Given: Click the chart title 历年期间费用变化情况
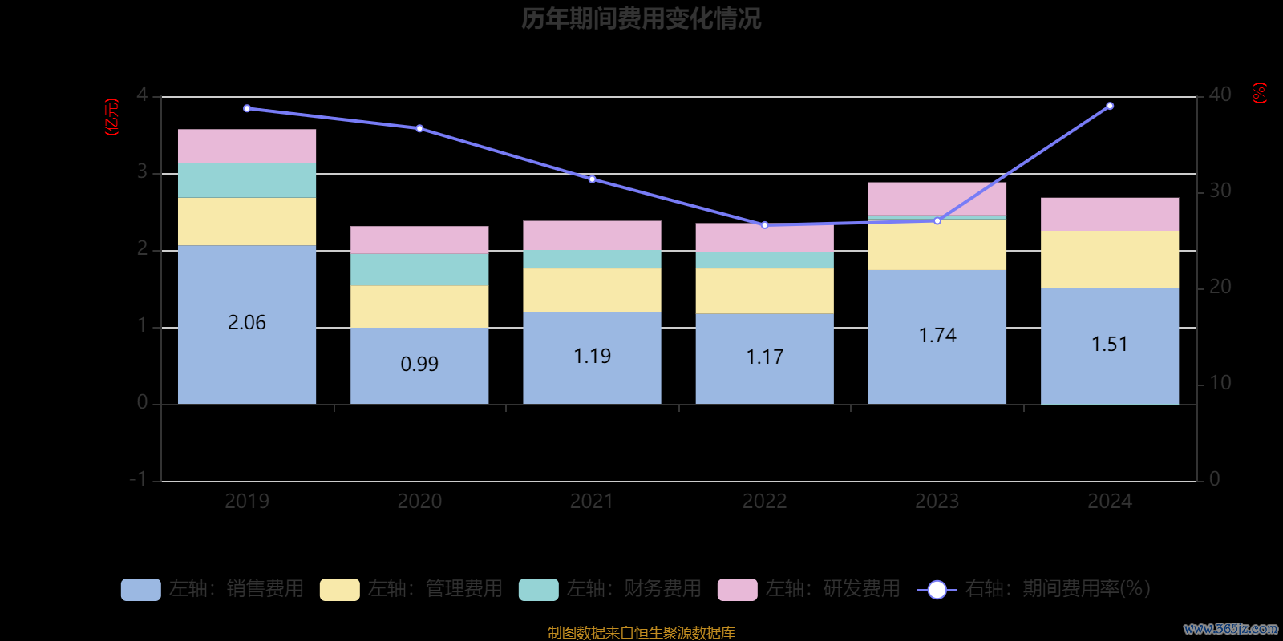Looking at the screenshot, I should point(641,18).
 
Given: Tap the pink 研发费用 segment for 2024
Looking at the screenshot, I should point(1110,214).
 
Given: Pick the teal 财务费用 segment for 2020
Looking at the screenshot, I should point(419,269).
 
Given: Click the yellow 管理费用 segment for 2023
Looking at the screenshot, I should point(937,245).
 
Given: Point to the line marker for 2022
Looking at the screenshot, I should point(765,225).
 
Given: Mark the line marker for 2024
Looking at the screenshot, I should point(1110,106).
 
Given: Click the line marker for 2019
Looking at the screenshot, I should point(247,108).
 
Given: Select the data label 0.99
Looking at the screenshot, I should point(419,364).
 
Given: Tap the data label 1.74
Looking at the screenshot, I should point(937,335).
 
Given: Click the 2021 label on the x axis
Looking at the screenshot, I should point(592,502).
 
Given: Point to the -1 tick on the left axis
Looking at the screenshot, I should point(139,479).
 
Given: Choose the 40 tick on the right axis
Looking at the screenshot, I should point(1220,95).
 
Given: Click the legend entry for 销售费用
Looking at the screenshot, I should point(213,589).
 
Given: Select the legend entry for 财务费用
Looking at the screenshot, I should point(611,589).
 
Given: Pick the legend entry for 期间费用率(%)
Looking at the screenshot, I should point(1034,589).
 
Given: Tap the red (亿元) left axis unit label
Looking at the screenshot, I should point(112,117).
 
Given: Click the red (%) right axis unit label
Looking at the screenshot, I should point(1260,93).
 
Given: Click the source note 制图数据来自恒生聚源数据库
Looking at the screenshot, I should point(641,633).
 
